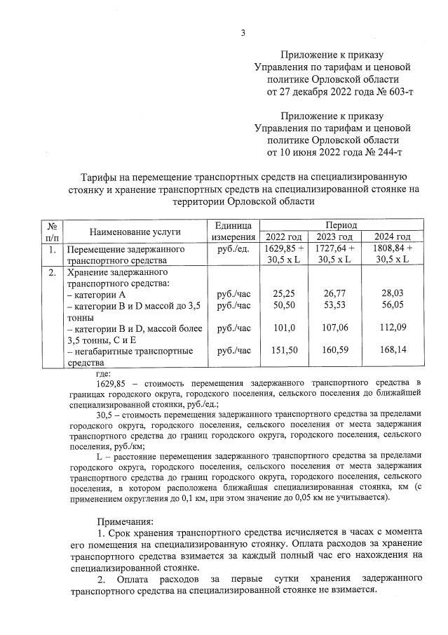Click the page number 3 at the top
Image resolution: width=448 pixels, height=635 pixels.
[243, 32]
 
